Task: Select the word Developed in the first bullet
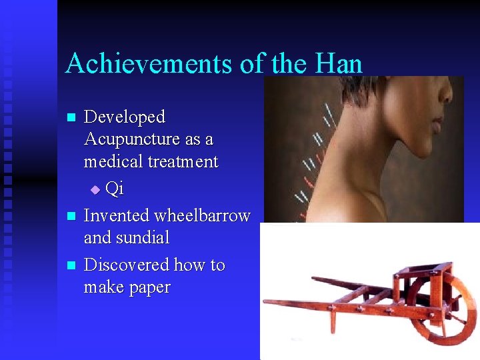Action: (125, 117)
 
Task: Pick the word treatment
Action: (184, 162)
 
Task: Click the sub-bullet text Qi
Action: (115, 189)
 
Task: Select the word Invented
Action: (117, 216)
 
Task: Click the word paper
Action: (150, 288)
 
